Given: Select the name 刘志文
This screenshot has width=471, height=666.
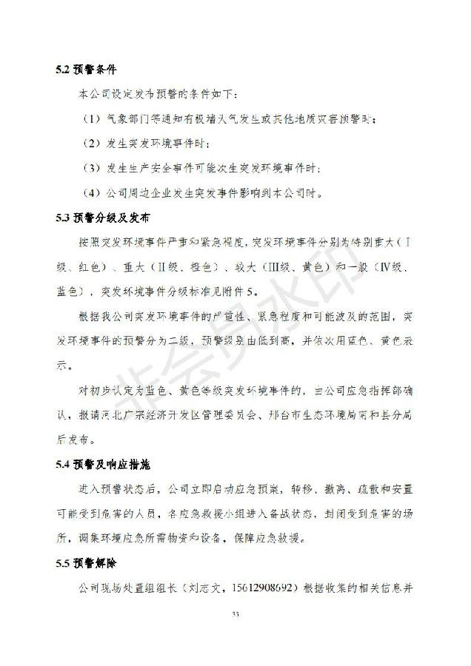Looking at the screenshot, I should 203,588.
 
